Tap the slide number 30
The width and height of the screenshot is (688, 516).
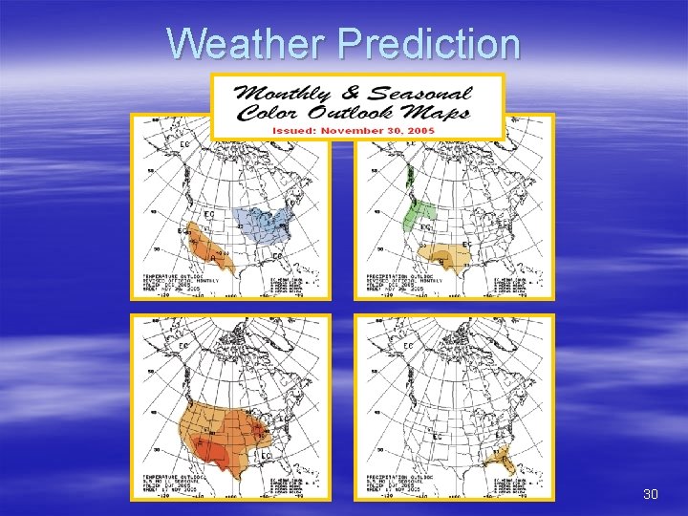tap(651, 494)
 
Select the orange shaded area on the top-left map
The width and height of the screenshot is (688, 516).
tap(205, 244)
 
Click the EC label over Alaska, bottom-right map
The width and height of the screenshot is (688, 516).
tap(406, 346)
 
